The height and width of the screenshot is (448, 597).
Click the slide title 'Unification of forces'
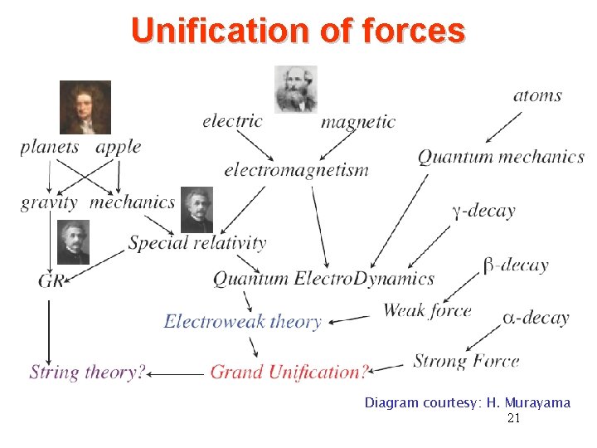point(298,31)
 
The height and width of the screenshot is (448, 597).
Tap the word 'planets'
point(50,148)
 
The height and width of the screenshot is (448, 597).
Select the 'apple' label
point(118,148)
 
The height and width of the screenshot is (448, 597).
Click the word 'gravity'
point(49,202)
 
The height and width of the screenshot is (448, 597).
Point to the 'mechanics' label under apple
point(133,202)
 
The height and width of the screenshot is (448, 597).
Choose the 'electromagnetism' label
point(296,170)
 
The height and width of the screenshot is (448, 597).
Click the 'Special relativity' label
point(197,243)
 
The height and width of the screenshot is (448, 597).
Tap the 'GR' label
point(50,280)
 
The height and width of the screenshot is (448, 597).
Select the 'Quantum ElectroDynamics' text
point(323,279)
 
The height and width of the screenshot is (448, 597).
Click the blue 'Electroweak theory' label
point(242,321)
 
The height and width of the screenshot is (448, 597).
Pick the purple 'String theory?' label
point(87,372)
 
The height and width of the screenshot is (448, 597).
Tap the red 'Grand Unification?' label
point(289,372)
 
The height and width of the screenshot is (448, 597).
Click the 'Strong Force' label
point(466,361)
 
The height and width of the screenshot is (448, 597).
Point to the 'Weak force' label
point(427,311)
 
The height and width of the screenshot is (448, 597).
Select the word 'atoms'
point(537,95)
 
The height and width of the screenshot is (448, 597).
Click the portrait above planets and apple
point(85,107)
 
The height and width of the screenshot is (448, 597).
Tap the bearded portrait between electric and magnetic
point(295,90)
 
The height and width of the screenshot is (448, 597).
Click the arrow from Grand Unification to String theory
point(177,374)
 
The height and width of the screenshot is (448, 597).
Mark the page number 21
point(513,419)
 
